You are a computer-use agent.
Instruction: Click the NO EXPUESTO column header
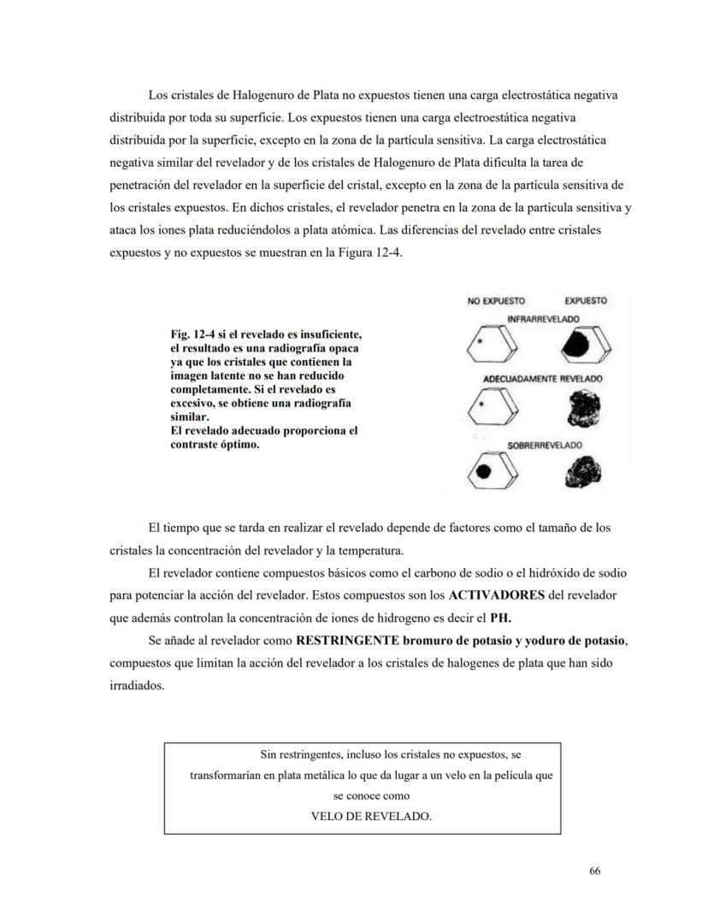(496, 301)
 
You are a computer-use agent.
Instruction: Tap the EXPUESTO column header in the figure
(586, 301)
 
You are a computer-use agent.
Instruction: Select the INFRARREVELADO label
(542, 318)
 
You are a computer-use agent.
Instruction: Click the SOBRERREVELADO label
(545, 446)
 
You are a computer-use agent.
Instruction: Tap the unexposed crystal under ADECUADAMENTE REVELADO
(493, 405)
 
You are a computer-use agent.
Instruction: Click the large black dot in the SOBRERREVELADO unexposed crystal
(483, 471)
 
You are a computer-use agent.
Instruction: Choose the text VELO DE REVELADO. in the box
(371, 816)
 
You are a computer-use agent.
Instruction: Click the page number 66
(595, 871)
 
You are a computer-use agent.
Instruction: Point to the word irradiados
(135, 685)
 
